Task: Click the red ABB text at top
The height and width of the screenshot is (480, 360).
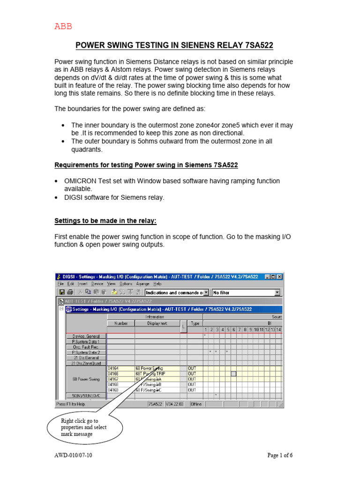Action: click(64, 27)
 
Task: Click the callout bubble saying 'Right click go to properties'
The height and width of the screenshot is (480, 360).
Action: click(84, 427)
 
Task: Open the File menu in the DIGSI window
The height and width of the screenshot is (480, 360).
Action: click(60, 284)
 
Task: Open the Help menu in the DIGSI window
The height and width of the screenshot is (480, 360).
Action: click(157, 284)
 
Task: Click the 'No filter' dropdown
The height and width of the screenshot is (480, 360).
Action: click(246, 292)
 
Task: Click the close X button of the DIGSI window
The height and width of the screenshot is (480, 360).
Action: click(279, 277)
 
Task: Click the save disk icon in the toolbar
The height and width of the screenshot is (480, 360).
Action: click(61, 292)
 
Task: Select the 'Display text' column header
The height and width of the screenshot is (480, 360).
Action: click(157, 323)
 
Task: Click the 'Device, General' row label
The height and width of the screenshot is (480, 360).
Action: click(86, 336)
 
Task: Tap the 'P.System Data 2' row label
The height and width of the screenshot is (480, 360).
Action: click(86, 352)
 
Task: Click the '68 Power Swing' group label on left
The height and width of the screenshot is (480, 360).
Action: click(86, 379)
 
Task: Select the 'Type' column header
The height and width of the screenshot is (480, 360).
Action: click(195, 323)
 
